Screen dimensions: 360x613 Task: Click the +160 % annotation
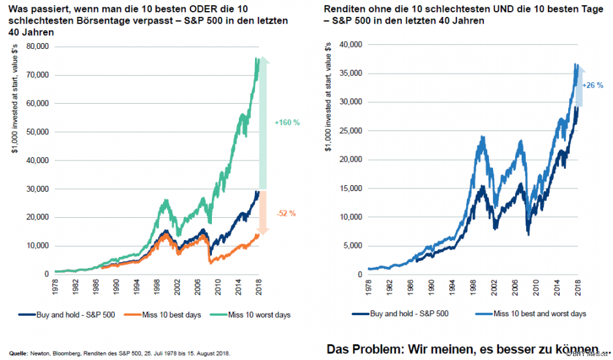pos(288,122)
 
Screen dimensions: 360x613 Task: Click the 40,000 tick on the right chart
pos(350,44)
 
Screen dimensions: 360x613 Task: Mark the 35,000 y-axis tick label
pos(350,73)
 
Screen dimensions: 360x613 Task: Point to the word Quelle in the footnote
pos(20,353)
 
